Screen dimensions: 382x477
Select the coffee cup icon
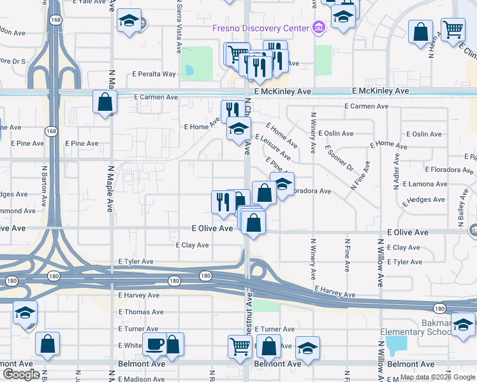tap(155, 344)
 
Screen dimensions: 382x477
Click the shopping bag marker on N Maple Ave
tap(105, 102)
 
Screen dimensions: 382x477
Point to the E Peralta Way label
tap(154, 74)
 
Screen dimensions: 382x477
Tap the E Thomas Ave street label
tap(141, 312)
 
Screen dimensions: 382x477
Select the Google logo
tap(21, 374)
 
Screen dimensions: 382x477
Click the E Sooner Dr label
tap(339, 159)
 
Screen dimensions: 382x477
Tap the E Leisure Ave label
tap(273, 147)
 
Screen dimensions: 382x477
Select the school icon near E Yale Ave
tap(129, 21)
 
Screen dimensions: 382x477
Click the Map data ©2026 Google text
tap(437, 377)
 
